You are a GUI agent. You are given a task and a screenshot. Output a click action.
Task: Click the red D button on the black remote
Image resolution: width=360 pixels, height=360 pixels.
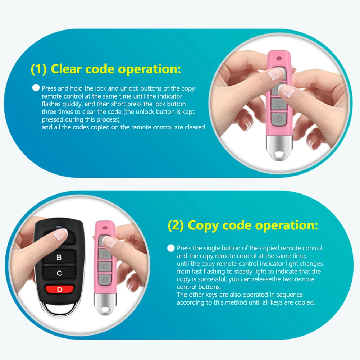coord(59,289)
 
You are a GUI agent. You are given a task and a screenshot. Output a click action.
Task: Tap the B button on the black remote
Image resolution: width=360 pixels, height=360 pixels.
coord(59,257)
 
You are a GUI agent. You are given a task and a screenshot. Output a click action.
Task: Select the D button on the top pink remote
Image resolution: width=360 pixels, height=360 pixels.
coord(279,119)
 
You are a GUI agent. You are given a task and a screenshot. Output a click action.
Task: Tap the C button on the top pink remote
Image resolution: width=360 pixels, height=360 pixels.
coord(279,104)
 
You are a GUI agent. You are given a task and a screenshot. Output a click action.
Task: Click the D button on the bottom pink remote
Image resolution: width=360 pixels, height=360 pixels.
coord(105,279)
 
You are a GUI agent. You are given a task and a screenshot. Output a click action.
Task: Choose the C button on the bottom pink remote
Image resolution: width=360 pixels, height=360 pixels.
coord(105,266)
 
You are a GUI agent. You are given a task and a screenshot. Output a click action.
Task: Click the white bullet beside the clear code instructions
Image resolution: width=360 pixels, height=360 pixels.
coord(36,87)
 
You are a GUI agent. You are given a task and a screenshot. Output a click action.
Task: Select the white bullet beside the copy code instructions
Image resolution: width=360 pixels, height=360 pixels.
coord(171,248)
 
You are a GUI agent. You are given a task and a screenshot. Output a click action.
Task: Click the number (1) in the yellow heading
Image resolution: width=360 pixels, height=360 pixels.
coord(39,69)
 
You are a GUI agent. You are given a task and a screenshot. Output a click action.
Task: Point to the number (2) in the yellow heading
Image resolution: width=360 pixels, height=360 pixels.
coord(176,225)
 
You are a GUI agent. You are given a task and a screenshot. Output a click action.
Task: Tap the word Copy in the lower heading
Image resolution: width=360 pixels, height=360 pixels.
coord(204,225)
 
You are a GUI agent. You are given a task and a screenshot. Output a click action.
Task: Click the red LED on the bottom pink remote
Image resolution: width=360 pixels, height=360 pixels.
coord(105,228)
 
